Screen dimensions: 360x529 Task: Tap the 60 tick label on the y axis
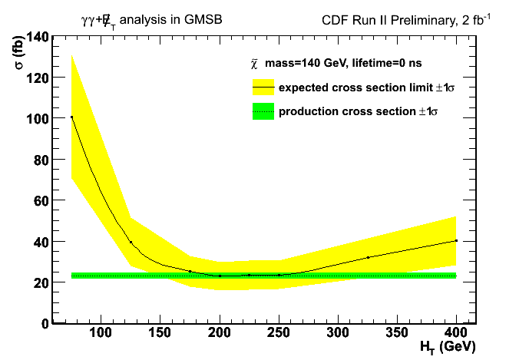(38, 200)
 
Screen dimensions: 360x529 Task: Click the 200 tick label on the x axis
(220, 332)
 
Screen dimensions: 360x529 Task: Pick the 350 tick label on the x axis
(397, 332)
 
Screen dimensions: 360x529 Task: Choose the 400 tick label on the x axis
(456, 332)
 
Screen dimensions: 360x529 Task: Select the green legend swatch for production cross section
(263, 112)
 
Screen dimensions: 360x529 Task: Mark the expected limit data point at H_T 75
(71, 117)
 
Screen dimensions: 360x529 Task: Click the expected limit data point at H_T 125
(131, 242)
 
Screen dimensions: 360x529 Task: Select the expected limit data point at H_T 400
(456, 240)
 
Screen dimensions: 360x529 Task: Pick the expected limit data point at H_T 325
(368, 257)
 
